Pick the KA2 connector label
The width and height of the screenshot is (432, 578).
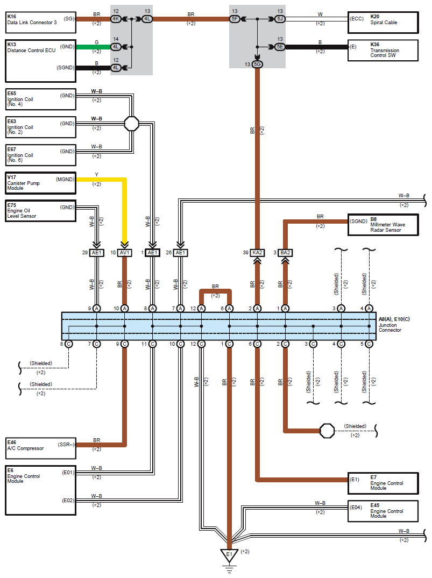click(257, 253)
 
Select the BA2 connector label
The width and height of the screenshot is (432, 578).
click(285, 253)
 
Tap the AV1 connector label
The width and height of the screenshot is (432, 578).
click(125, 253)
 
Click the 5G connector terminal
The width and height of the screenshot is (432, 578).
click(257, 64)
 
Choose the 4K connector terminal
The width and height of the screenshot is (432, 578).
click(116, 19)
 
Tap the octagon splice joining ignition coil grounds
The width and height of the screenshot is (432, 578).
click(132, 124)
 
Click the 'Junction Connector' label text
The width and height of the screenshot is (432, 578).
click(390, 327)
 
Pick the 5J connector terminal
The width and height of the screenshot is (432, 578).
click(280, 19)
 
